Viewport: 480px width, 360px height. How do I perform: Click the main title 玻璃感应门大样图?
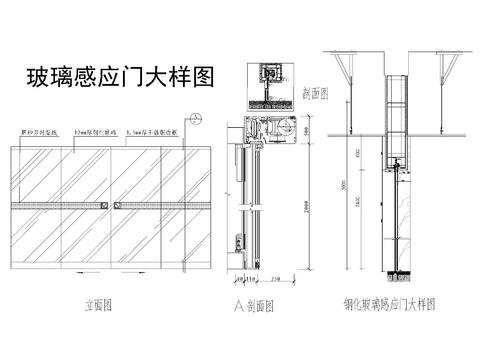[119, 78]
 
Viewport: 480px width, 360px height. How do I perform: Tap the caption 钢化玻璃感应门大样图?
[387, 305]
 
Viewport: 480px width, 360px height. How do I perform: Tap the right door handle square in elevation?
[117, 205]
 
